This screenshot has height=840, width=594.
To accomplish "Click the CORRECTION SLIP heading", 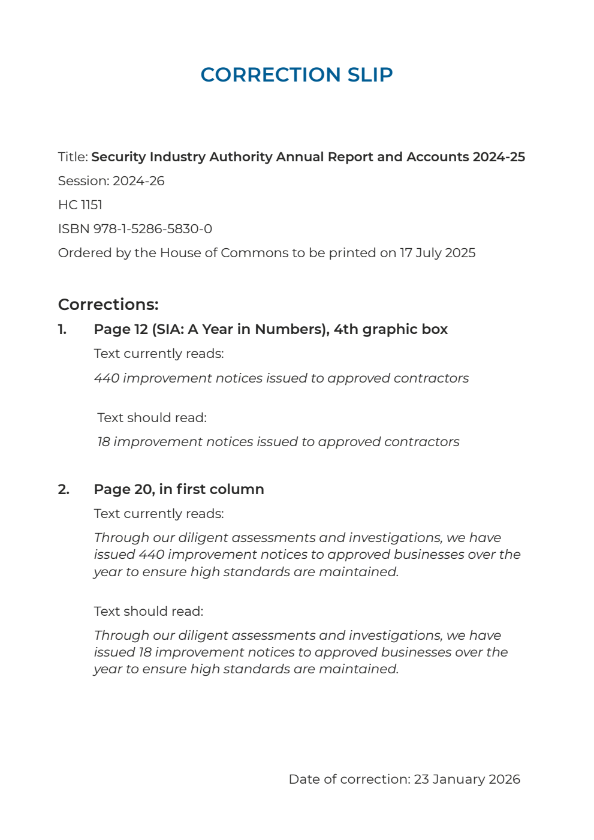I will tap(297, 74).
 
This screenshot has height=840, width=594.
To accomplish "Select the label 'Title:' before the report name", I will tap(73, 157).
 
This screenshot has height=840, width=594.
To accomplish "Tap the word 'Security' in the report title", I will tap(118, 157).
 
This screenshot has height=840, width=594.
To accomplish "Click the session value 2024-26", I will tap(138, 181).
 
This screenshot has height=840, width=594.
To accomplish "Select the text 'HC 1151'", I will tap(80, 205).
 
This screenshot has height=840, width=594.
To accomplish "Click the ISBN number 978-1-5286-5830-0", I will tap(152, 229).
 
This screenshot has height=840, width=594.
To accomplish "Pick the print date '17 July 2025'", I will tap(438, 253).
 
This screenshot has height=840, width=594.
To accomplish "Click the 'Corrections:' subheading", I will tap(108, 305).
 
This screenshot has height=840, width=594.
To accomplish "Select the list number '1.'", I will tap(62, 329).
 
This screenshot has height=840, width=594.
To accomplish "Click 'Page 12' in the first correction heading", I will tap(120, 329).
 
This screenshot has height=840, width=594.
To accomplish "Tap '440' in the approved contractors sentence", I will tap(107, 378).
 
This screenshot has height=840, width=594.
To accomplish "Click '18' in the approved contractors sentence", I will tap(104, 442).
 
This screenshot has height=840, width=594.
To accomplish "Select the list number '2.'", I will tap(64, 489).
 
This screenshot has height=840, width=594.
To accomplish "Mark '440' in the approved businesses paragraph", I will tap(151, 555).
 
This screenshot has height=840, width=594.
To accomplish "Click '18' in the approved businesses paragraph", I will tap(145, 652).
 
